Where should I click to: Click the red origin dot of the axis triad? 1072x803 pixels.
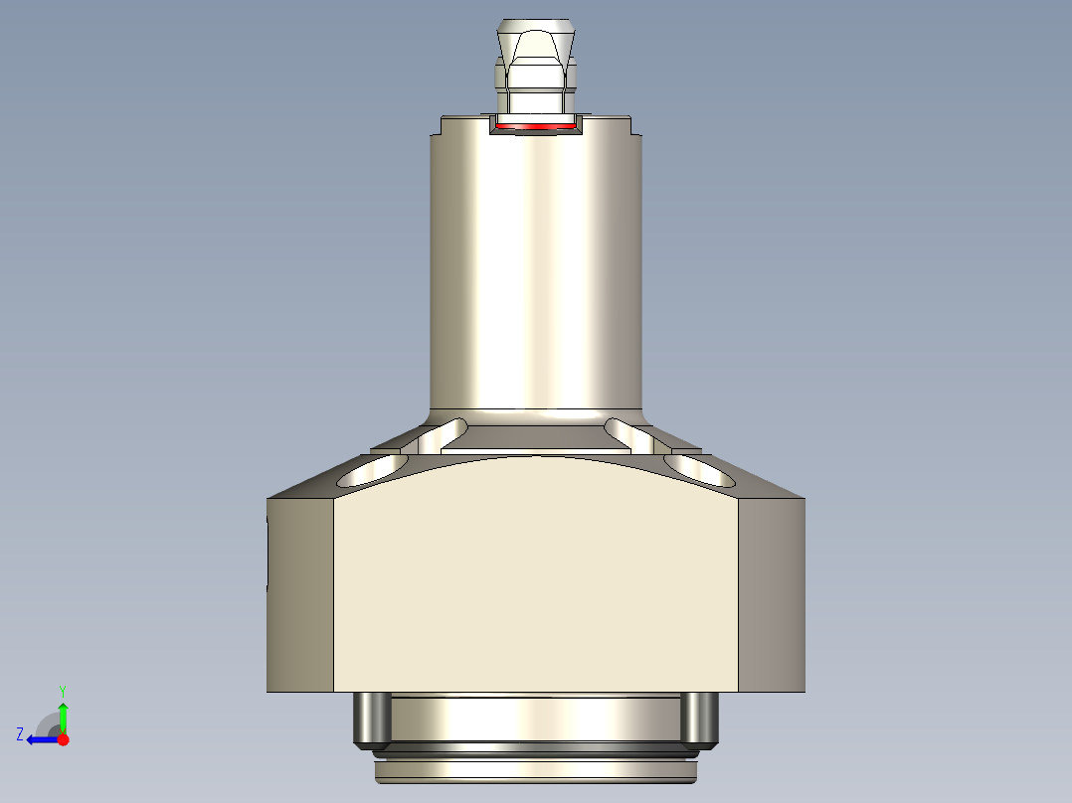point(63,739)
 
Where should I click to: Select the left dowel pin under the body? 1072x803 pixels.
point(371,719)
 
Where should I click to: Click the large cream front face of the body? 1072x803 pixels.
point(536,586)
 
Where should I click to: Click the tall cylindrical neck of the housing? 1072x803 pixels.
point(536,278)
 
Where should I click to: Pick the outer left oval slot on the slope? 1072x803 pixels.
point(372,471)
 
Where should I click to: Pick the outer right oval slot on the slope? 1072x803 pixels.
point(699,469)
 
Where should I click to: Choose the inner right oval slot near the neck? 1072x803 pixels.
point(629,433)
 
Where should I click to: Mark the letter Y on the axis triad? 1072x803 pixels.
point(62,690)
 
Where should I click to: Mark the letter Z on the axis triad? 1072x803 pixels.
point(20,734)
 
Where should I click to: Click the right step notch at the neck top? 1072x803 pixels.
point(633,128)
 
